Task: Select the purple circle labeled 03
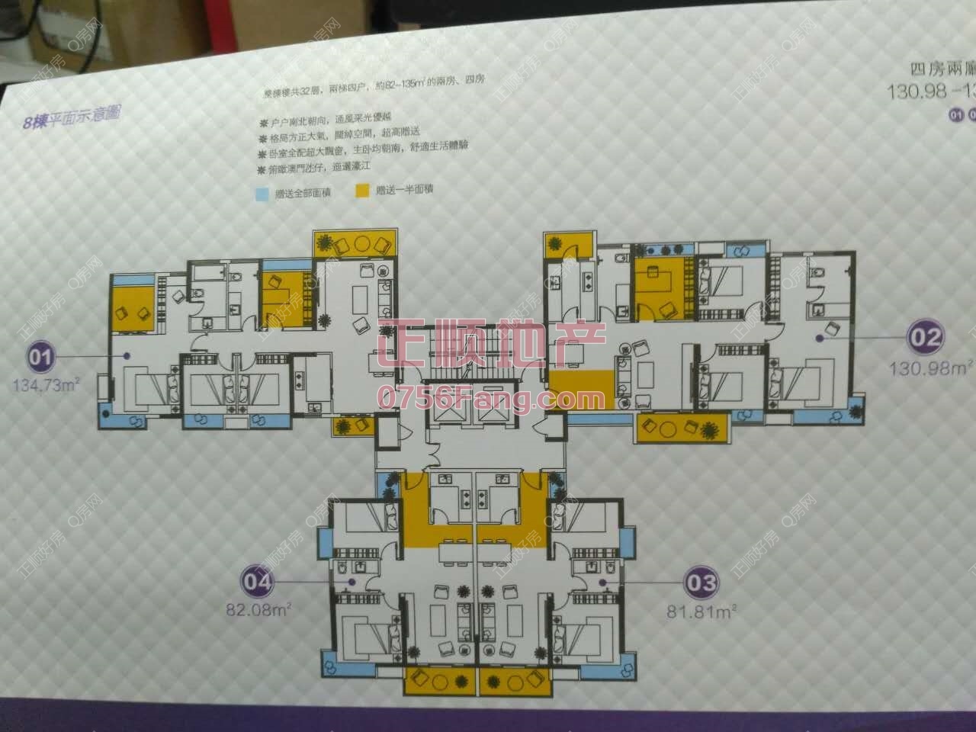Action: click(x=701, y=583)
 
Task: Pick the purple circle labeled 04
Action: click(x=258, y=582)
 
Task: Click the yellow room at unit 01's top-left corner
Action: click(x=134, y=306)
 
